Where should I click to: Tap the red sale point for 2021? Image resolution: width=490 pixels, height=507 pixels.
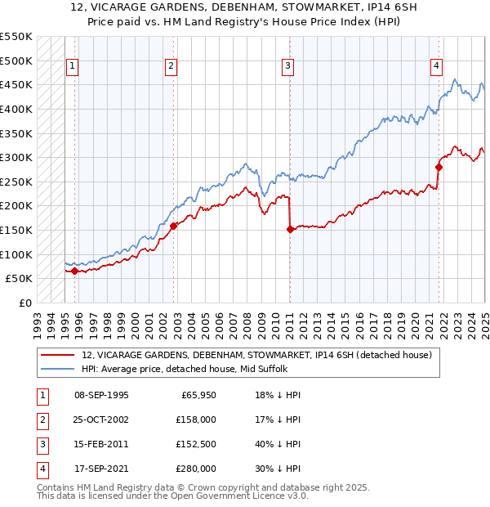click(439, 167)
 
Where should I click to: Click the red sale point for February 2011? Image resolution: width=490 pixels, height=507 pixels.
click(290, 229)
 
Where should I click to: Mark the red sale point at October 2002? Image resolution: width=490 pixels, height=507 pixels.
click(173, 226)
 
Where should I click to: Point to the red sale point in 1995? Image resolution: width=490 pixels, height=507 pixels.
click(74, 271)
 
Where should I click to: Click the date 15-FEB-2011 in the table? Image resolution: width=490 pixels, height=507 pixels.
click(101, 445)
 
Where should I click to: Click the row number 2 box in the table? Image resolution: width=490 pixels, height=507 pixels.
click(42, 420)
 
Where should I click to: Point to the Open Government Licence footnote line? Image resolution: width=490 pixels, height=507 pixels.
click(172, 496)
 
